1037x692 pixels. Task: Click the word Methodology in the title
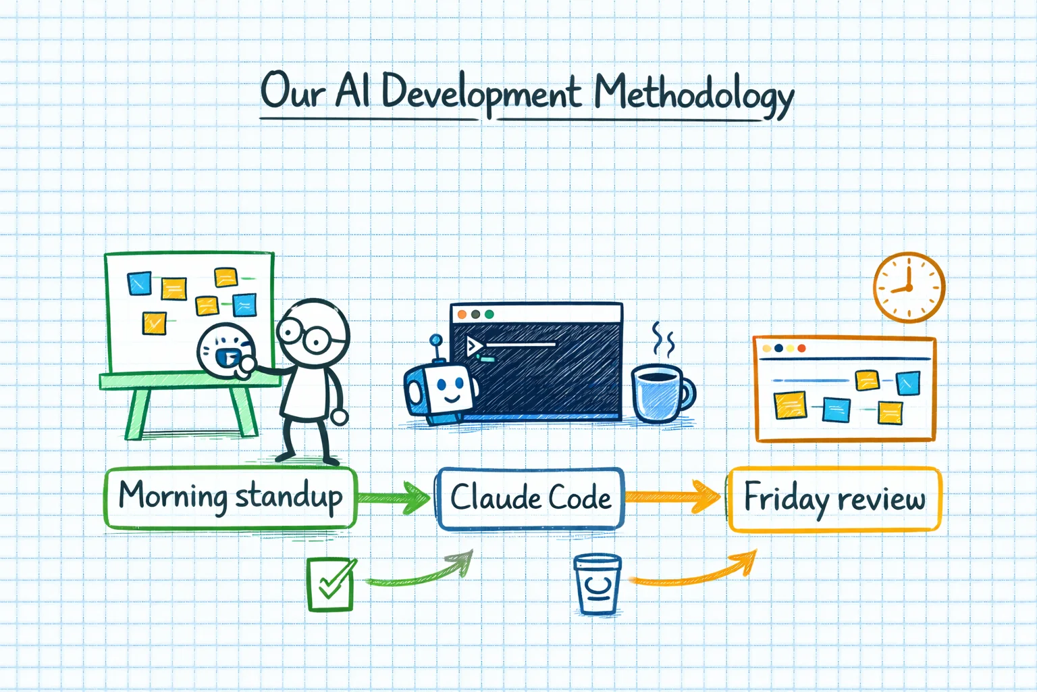(x=693, y=93)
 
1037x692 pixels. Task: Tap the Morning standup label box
(x=230, y=497)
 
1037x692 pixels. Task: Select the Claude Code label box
(x=530, y=498)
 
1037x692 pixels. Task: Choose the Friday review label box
(x=834, y=499)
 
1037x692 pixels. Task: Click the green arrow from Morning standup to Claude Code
(x=394, y=498)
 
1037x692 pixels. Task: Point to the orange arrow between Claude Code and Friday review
(x=672, y=497)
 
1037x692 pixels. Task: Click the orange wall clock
(x=909, y=287)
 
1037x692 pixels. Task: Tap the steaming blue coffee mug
(x=660, y=393)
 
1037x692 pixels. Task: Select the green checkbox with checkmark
(x=330, y=584)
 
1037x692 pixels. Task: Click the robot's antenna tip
(x=435, y=339)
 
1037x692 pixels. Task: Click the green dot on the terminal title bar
(x=489, y=314)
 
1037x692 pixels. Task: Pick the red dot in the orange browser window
(x=801, y=348)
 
